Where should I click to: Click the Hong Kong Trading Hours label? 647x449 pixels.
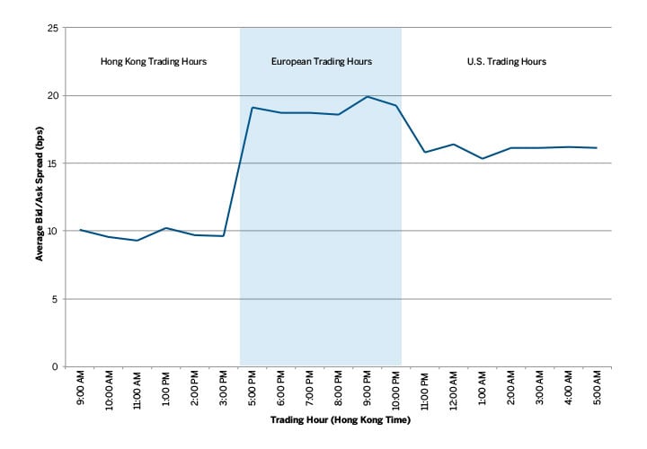[153, 62]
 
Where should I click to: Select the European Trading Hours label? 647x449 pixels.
[321, 62]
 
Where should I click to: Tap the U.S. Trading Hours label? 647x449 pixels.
[507, 62]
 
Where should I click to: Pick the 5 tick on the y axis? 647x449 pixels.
[57, 299]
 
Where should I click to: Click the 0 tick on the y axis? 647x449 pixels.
[57, 366]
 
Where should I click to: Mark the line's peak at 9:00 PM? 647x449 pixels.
[368, 97]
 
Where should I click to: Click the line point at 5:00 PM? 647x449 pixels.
[253, 108]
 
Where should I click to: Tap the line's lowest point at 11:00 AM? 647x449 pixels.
[137, 241]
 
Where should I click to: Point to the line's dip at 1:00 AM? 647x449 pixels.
[483, 159]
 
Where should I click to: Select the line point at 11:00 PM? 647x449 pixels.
[425, 153]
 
